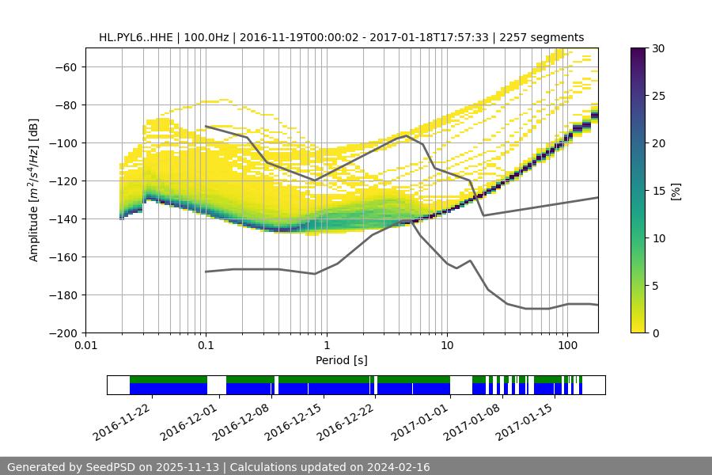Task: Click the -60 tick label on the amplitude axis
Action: tap(65, 66)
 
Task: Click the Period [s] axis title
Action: tap(341, 360)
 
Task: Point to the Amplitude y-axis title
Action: tap(34, 190)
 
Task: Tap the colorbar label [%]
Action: tap(676, 190)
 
